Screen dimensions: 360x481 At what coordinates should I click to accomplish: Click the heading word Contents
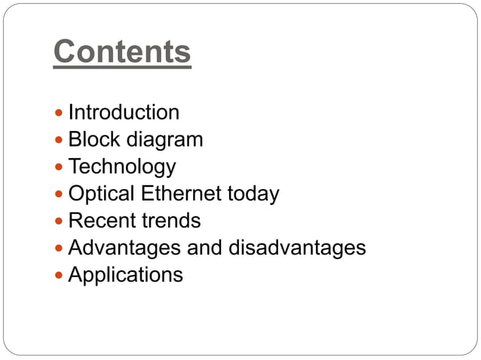pos(122,52)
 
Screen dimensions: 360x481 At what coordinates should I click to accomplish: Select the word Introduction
pos(124,113)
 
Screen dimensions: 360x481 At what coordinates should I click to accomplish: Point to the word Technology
pos(122,166)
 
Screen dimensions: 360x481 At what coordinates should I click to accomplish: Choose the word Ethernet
pos(181,194)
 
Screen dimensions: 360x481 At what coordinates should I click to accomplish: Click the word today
pos(253,194)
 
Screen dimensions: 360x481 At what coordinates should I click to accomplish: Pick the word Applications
pos(125,275)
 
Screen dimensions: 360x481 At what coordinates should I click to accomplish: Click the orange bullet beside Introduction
pos(60,114)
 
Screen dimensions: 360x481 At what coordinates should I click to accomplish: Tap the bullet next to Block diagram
pos(60,141)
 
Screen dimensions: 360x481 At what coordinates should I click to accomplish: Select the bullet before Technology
pos(60,167)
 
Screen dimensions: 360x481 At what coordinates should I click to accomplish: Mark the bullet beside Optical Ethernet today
pos(60,194)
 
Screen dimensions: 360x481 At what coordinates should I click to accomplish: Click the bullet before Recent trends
pos(60,221)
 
